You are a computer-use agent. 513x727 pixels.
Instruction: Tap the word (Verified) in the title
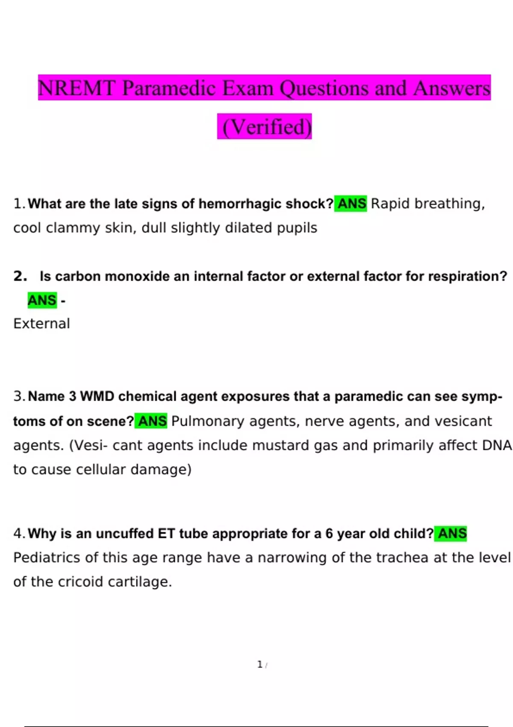[x=265, y=127]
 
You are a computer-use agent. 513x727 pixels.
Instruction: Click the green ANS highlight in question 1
[x=351, y=204]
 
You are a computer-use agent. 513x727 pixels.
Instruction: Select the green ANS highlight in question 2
[x=42, y=300]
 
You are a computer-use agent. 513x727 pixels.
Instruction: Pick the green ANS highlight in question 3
[x=151, y=421]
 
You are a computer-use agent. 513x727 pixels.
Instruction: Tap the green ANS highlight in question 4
[x=451, y=534]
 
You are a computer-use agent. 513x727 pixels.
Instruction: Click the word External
[x=41, y=324]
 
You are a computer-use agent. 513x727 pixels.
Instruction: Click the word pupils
[x=297, y=228]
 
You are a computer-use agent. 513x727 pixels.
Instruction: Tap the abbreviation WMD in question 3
[x=97, y=396]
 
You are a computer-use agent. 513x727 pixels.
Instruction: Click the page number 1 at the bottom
[x=260, y=665]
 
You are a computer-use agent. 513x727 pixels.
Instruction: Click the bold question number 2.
[x=20, y=276]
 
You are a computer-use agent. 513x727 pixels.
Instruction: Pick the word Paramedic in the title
[x=169, y=88]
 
